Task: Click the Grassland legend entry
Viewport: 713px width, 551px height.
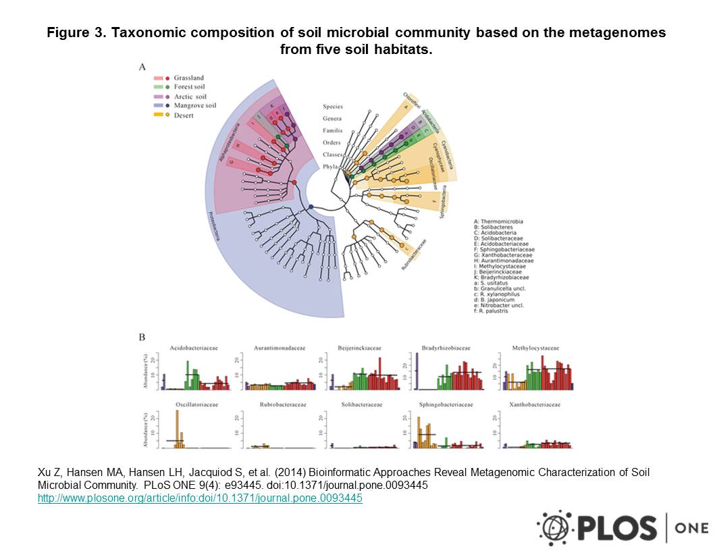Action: point(188,78)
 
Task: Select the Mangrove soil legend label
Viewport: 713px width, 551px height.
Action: point(194,106)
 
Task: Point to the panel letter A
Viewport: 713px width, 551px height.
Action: point(142,67)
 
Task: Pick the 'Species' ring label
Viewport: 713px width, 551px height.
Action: point(332,107)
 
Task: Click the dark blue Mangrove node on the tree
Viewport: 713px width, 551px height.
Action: point(311,207)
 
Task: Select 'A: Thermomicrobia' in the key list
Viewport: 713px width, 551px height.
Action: point(498,221)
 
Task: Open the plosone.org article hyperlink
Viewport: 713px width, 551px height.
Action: point(200,498)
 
